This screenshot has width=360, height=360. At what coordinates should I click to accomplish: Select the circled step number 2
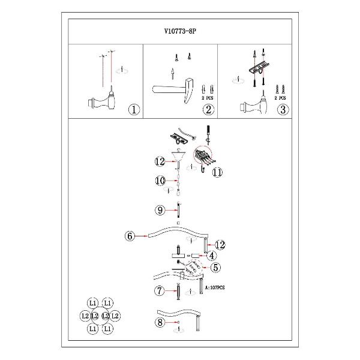pos(208,110)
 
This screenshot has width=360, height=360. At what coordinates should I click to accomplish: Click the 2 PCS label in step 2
pos(208,97)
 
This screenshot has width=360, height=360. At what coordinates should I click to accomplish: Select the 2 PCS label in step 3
pos(280,97)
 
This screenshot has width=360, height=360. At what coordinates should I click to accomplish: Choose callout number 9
pos(160,210)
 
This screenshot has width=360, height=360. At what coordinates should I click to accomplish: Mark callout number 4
pos(212,255)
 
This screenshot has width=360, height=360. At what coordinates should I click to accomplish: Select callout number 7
pos(160,291)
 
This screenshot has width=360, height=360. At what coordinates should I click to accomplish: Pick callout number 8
pos(159,323)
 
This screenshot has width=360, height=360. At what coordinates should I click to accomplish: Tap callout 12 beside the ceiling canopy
pos(160,161)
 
